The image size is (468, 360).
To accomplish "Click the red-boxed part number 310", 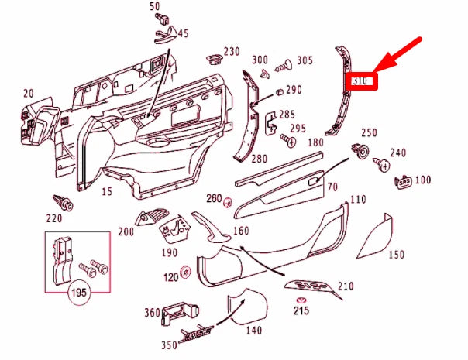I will pyautogui.click(x=362, y=81).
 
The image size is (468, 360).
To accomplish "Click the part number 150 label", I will pyautogui.click(x=397, y=255).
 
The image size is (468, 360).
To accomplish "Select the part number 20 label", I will pyautogui.click(x=29, y=94).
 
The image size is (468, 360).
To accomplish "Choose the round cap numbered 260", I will pyautogui.click(x=228, y=202).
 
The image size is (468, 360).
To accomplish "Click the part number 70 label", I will pyautogui.click(x=332, y=187).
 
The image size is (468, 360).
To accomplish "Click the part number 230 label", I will pyautogui.click(x=231, y=52).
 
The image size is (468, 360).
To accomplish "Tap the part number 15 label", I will pyautogui.click(x=107, y=190).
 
